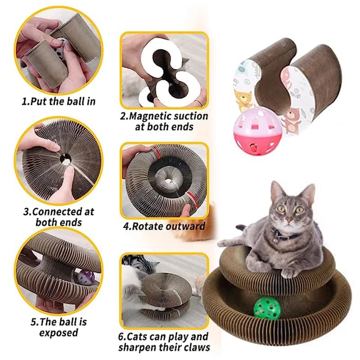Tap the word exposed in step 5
tap(58, 333)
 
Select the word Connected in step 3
tap(57, 211)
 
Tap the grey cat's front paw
tap(288, 273)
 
